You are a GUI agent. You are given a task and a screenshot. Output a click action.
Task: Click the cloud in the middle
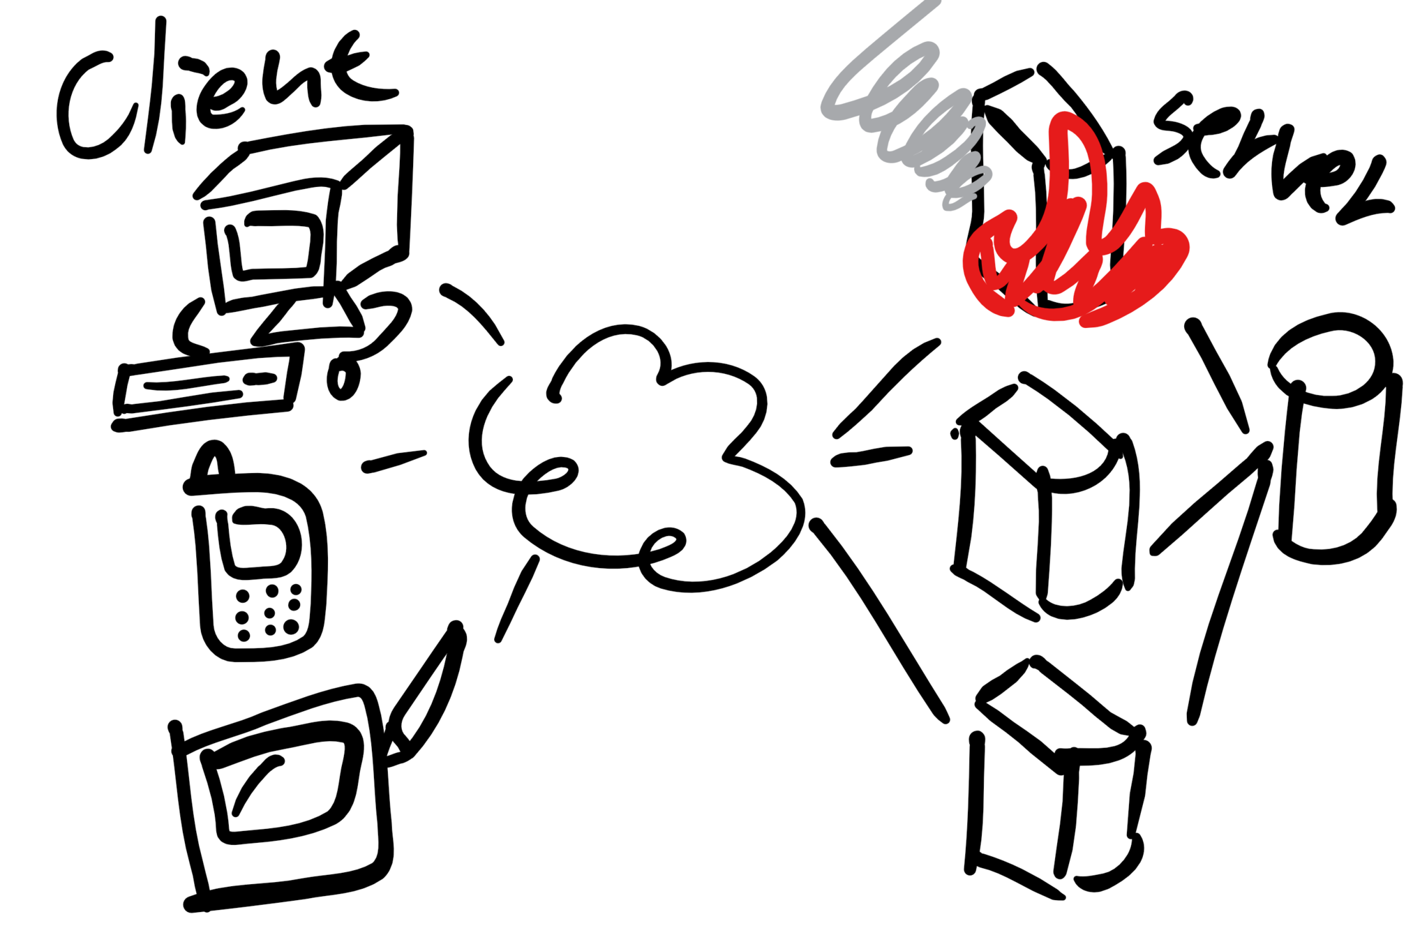635,461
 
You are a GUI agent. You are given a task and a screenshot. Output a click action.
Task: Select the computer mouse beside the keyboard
342,377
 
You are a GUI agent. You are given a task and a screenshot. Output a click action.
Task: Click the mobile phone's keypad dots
269,614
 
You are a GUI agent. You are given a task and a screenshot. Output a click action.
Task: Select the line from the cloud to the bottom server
879,621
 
